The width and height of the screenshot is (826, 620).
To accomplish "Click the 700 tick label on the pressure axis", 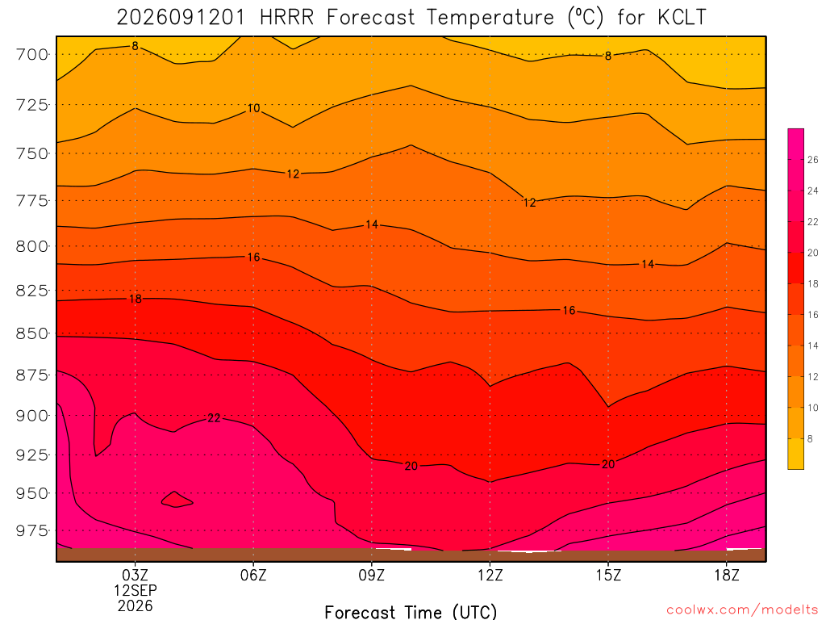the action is (x=31, y=54).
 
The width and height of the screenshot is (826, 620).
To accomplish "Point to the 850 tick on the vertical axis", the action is (x=31, y=333).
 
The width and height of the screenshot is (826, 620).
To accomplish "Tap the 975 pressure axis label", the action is (x=31, y=530).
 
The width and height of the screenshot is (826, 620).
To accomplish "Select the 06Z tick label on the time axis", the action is (x=253, y=575).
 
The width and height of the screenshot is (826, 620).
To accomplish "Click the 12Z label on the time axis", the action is (x=490, y=575).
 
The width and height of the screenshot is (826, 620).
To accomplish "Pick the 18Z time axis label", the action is (x=727, y=575).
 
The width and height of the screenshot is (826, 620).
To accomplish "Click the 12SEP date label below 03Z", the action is (x=136, y=590).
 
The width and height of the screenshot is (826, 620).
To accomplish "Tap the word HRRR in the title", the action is (x=286, y=18).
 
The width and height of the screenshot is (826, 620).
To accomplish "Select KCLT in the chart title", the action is (x=682, y=18).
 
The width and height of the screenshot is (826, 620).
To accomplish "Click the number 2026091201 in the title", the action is (x=181, y=18).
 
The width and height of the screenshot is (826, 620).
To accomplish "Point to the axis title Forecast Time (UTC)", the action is (x=411, y=612).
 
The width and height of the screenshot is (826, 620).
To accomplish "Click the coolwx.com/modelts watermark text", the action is (x=742, y=610).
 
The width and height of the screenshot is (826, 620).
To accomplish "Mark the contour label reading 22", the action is (x=214, y=418).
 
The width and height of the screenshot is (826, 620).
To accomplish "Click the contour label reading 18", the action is (x=136, y=299).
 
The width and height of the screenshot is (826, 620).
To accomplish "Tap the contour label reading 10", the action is (x=253, y=108).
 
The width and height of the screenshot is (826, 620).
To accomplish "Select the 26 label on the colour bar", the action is (x=813, y=160).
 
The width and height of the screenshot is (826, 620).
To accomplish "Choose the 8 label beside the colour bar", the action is (x=810, y=438).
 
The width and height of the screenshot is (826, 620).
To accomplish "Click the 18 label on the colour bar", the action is (x=813, y=283).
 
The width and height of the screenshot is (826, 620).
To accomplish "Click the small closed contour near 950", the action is (x=177, y=499).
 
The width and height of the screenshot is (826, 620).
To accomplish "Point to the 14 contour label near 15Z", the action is (x=648, y=264).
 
